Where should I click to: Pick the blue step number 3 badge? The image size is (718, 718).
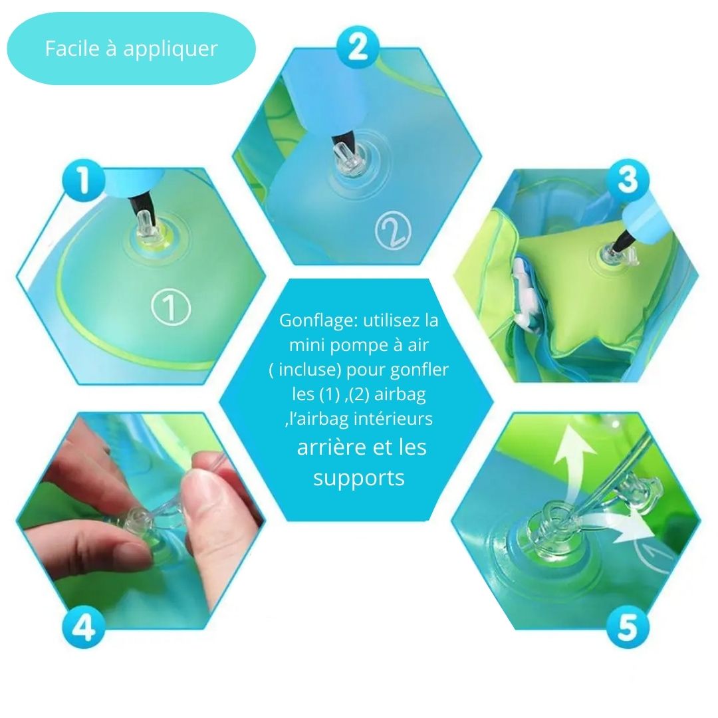coord(628,180)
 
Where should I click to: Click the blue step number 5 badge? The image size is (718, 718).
coord(628,626)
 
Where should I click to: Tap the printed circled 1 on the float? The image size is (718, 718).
coord(170,308)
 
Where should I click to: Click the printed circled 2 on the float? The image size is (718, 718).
coord(392,231)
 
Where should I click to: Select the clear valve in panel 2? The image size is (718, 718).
coord(348,158)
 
